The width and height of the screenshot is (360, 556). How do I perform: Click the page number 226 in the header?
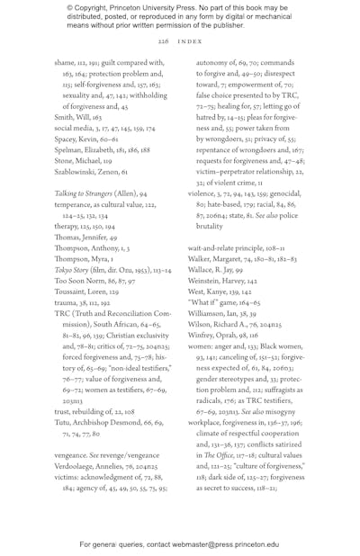pyautogui.click(x=163, y=41)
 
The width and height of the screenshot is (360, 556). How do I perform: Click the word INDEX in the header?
pyautogui.click(x=189, y=41)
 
